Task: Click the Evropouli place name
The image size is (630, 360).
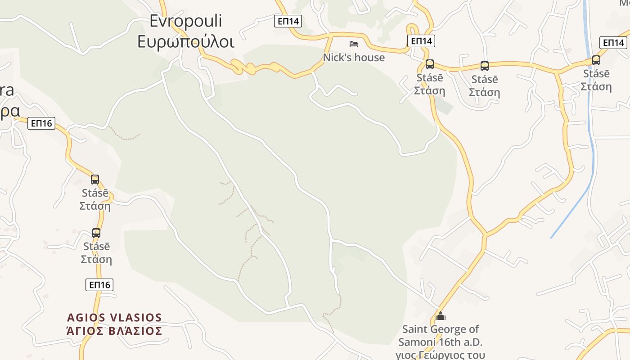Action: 186,21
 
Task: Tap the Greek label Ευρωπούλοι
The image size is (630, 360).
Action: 186,41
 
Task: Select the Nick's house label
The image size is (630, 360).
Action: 354,58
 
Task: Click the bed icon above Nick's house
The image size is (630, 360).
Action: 354,44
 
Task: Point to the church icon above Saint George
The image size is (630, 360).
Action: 441,316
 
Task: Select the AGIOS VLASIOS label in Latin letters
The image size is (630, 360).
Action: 114,318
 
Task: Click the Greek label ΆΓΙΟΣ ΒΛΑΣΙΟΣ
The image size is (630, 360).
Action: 114,331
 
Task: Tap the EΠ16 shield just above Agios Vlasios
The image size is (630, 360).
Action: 99,284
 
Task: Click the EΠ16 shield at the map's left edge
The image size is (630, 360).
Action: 41,123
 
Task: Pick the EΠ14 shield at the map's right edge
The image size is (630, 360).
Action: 613,43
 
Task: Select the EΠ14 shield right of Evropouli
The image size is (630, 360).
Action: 288,21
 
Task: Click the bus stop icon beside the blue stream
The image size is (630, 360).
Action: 596,60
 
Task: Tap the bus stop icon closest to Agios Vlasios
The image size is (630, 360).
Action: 96,233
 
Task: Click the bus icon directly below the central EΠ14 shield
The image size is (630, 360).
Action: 430,64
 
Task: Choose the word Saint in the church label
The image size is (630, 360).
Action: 414,329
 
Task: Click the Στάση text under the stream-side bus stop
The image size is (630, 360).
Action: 596,86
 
